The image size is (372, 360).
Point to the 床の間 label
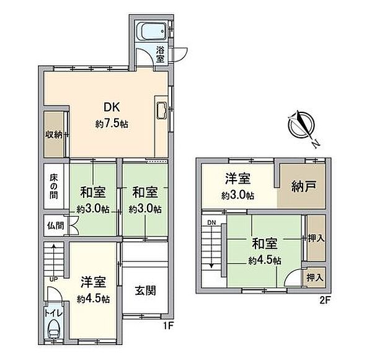(54, 186)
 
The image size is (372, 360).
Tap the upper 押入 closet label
(315, 238)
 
